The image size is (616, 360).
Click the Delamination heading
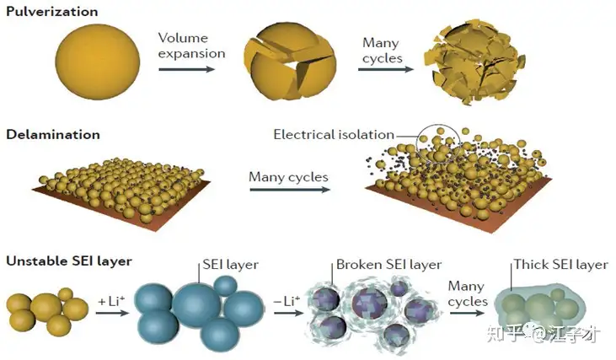(x=52, y=134)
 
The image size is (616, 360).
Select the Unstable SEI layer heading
(x=69, y=261)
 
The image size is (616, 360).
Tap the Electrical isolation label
(x=334, y=135)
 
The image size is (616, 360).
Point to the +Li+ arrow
(x=112, y=314)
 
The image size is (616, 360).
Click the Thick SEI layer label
(x=560, y=265)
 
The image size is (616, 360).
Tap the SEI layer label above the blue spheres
(x=229, y=265)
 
